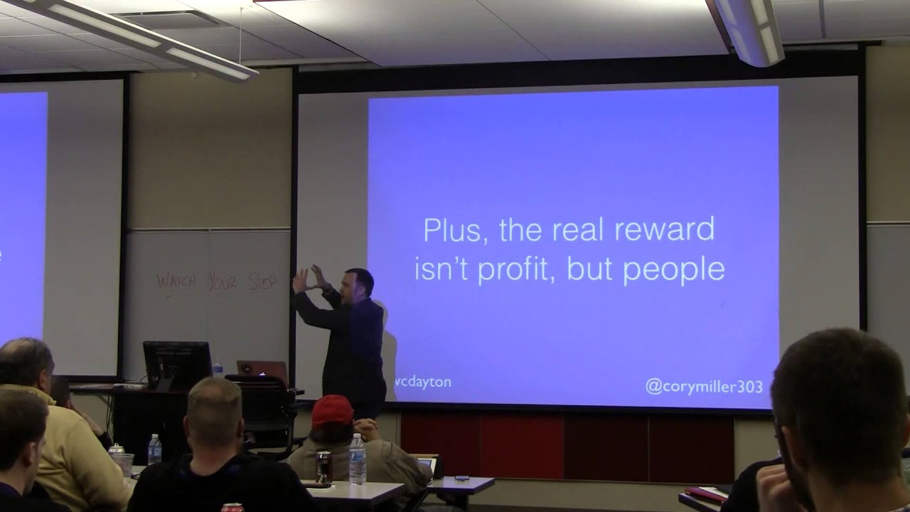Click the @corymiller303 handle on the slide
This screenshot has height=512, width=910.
point(704,387)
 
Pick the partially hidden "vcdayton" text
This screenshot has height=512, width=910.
point(424,382)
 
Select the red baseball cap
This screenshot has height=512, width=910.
point(332,410)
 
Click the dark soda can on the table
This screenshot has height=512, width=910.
point(324,466)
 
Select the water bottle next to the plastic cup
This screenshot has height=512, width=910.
point(154,449)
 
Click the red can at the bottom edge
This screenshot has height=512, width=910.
point(232,507)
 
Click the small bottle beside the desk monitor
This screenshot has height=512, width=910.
point(218,368)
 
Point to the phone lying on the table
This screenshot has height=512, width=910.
point(461,477)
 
